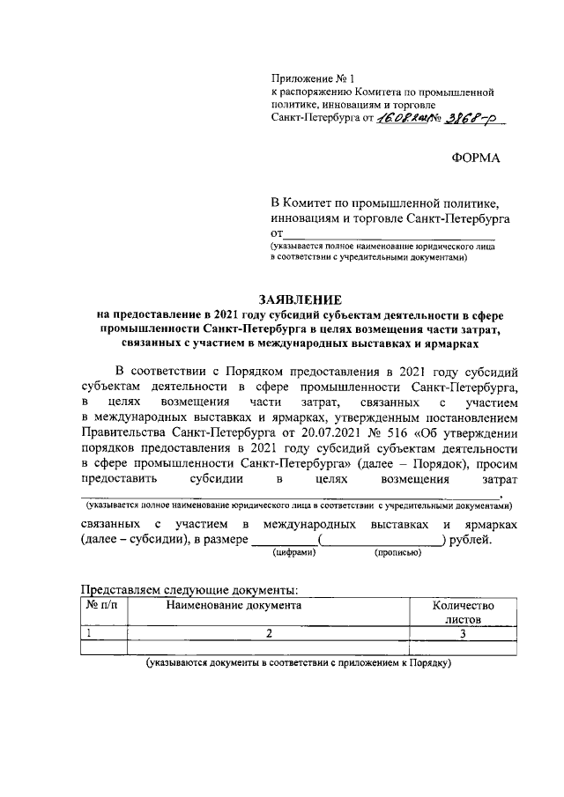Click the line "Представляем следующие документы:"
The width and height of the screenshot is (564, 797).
tap(189, 589)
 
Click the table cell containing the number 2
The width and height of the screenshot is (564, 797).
tap(269, 633)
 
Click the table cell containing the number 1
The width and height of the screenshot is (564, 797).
tap(88, 633)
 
